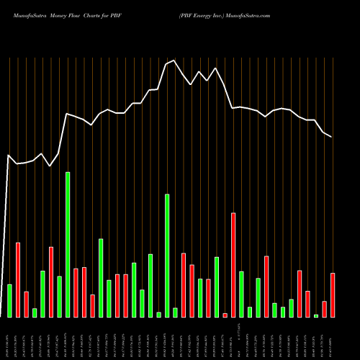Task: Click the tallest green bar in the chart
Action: (x=68, y=245)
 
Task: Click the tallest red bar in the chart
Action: (x=233, y=265)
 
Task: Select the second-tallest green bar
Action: (x=167, y=256)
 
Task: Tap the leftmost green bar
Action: (x=9, y=301)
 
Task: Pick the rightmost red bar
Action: (x=333, y=295)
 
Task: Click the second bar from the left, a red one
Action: (x=18, y=280)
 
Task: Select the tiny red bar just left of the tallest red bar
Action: (x=225, y=315)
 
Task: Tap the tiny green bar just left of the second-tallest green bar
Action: (x=158, y=315)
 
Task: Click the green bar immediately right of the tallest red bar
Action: (x=241, y=294)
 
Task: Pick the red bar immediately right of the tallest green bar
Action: (x=76, y=292)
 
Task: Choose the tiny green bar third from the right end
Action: (x=316, y=315)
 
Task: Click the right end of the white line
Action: (x=332, y=137)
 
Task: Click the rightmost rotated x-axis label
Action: (x=333, y=338)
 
